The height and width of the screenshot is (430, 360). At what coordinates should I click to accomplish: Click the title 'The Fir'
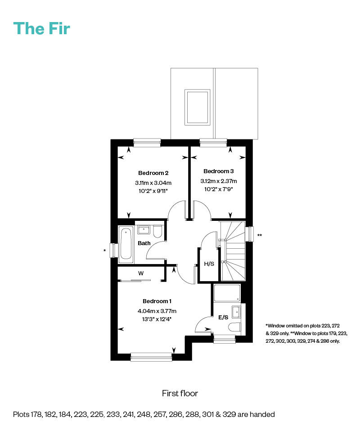point(42,28)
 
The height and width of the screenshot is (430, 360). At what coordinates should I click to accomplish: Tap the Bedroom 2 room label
point(153,173)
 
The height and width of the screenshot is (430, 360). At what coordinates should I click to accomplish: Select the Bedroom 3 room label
point(218,171)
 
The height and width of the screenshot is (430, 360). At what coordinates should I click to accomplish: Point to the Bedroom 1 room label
point(157,301)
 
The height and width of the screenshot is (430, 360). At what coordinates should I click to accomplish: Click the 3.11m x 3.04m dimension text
point(153,183)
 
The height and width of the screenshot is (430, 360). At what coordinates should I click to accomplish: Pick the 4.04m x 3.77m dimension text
point(157,311)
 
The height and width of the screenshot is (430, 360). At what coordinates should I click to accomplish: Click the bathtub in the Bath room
point(126,243)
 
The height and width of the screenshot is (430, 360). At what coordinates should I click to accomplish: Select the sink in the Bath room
point(144,229)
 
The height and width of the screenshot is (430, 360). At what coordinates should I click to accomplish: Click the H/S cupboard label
point(209,264)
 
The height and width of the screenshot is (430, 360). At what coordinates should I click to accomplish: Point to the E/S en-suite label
point(223,317)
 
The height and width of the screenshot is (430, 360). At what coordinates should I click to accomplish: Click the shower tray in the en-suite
point(227,293)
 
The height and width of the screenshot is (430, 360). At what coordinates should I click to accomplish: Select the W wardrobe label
point(141,273)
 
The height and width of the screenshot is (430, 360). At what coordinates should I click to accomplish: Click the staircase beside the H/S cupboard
point(233,251)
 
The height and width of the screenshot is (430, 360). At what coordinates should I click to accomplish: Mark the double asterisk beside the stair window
point(260,235)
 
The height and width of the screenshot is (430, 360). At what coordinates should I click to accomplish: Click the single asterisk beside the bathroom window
point(104,251)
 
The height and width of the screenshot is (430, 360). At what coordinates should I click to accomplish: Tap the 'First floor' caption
point(180,393)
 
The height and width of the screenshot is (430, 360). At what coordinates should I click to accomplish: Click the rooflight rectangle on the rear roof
point(197,107)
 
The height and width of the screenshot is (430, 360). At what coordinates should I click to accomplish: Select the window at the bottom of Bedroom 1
point(151,357)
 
